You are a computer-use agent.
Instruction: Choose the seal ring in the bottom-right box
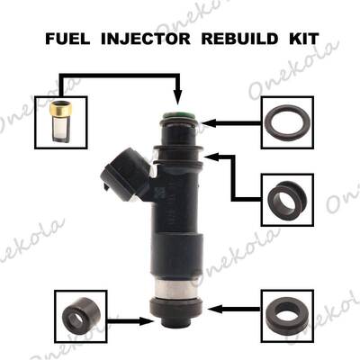285,314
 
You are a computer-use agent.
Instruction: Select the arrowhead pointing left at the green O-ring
210,120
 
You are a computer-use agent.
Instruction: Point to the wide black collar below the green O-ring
177,144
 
